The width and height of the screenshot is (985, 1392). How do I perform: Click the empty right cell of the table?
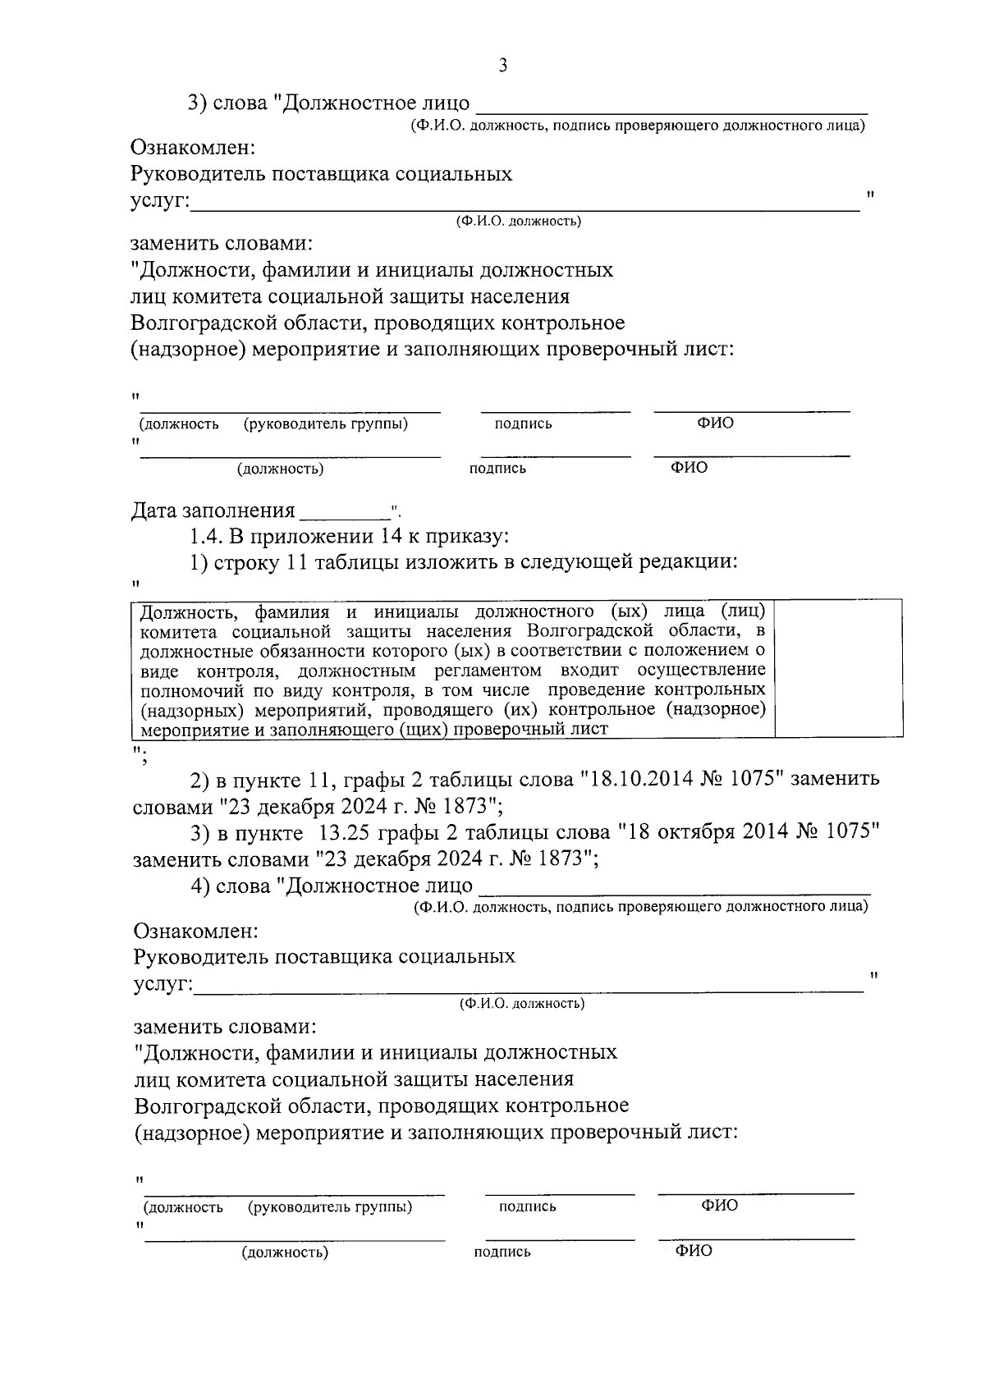tap(838, 669)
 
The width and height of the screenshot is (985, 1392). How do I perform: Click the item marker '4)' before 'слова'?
tap(200, 886)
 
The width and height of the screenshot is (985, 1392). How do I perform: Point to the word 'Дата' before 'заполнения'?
tap(154, 511)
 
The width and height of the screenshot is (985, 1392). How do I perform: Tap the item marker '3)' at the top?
tap(198, 103)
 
